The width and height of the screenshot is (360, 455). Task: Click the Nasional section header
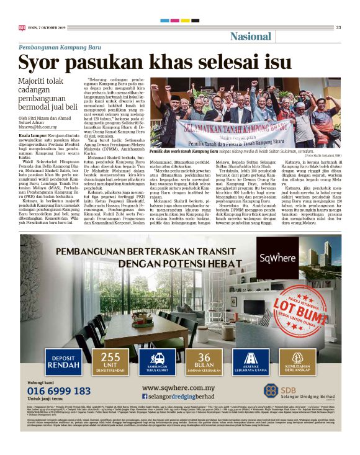pos(250,36)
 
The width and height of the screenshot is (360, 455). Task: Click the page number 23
pos(339,27)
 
